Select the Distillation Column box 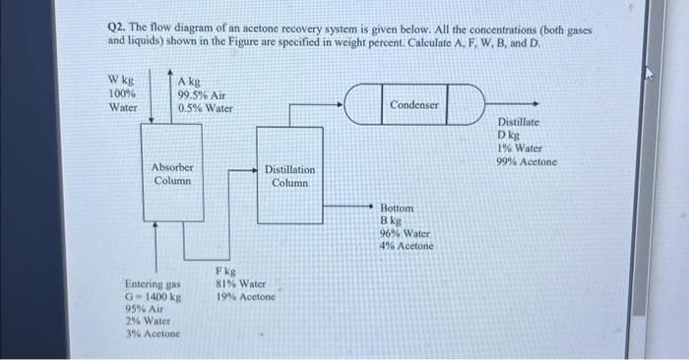pos(289,177)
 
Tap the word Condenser pos(415,104)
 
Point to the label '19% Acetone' pos(245,296)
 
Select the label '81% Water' pos(239,283)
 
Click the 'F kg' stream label pos(225,270)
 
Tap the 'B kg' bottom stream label pos(392,221)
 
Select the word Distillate pos(518,123)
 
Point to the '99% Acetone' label pos(527,161)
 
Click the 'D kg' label pos(509,136)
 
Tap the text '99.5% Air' pos(201,95)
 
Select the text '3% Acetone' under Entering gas pos(151,333)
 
